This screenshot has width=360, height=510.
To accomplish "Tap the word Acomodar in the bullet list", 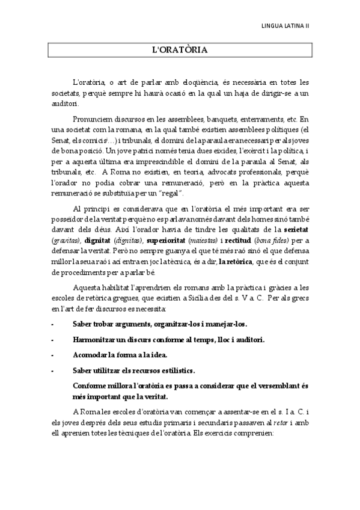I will pos(90,355).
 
